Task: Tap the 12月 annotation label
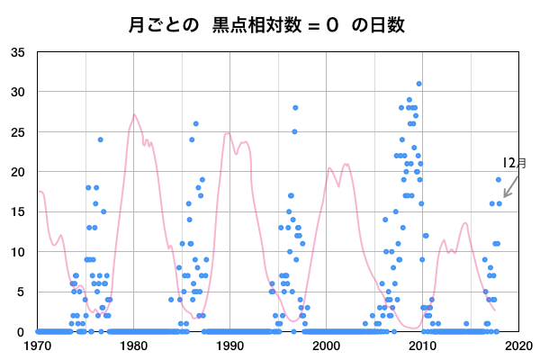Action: pyautogui.click(x=515, y=163)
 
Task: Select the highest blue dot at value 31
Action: pyautogui.click(x=418, y=84)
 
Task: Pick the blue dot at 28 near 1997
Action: pyautogui.click(x=295, y=108)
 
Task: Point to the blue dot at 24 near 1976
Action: pyautogui.click(x=101, y=139)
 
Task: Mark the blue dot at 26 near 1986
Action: pyautogui.click(x=196, y=124)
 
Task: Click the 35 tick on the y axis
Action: pyautogui.click(x=18, y=52)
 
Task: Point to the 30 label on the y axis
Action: pyautogui.click(x=18, y=92)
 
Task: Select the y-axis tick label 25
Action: pyautogui.click(x=18, y=131)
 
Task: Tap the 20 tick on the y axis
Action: pyautogui.click(x=18, y=172)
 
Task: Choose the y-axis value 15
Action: pyautogui.click(x=18, y=211)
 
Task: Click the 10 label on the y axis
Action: pyautogui.click(x=18, y=252)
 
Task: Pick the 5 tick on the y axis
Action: pyautogui.click(x=22, y=292)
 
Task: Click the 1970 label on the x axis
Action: pyautogui.click(x=38, y=345)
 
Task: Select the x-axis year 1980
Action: pyautogui.click(x=134, y=345)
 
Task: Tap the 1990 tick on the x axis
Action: pyautogui.click(x=229, y=345)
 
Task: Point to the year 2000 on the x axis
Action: pyautogui.click(x=326, y=345)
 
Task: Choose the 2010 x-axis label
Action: pyautogui.click(x=422, y=345)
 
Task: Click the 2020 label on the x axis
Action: pyautogui.click(x=517, y=345)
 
